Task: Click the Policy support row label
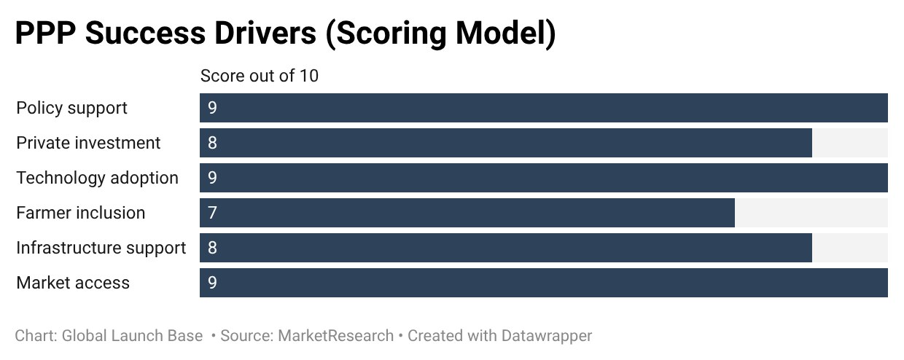(71, 108)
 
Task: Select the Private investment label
(88, 143)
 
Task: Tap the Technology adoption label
(97, 178)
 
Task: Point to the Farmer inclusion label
(81, 213)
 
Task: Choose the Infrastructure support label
(101, 248)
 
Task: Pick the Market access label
(73, 283)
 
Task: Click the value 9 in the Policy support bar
(212, 108)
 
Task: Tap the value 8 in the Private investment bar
(212, 143)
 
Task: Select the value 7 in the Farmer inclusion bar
(212, 213)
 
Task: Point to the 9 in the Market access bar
(212, 283)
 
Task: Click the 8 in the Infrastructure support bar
(212, 248)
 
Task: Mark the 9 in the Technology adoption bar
(212, 178)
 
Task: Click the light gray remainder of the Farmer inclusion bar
(811, 213)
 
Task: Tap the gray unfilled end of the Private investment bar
(850, 143)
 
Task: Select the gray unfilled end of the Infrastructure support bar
(850, 248)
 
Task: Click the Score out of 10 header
(260, 76)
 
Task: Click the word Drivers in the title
(265, 33)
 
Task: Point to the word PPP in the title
(45, 33)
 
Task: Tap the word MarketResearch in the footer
(336, 336)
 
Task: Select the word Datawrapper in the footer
(547, 336)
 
